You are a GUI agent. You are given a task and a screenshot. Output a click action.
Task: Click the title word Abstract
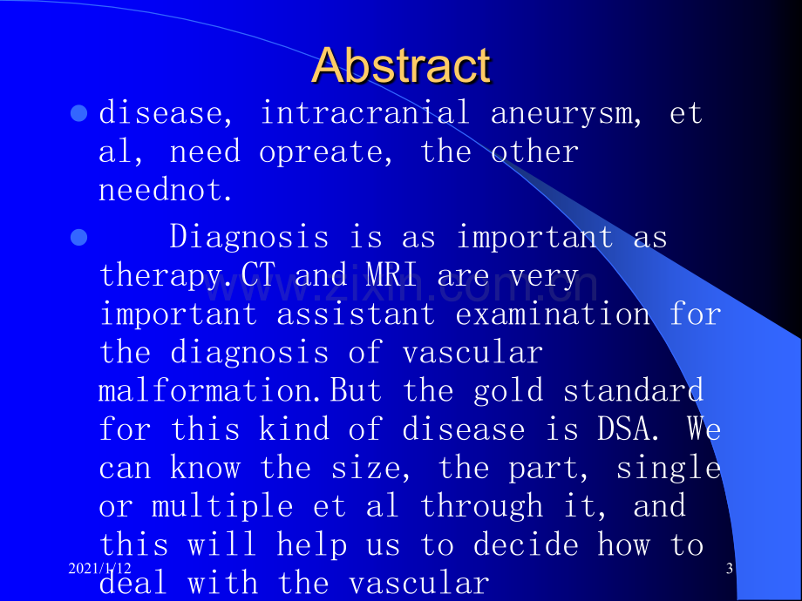pos(402,65)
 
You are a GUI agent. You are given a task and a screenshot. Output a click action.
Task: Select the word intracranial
pos(365,111)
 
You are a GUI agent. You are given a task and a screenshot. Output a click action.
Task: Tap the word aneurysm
pos(561,114)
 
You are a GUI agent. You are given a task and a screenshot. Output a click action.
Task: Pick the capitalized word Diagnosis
pos(249,238)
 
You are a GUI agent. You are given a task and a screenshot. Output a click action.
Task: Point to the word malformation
pos(205,390)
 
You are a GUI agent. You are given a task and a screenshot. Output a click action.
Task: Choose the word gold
pos(508,391)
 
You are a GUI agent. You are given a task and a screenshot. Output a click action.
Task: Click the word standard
pos(633,390)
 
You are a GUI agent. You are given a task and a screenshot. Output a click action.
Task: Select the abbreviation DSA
pos(623,429)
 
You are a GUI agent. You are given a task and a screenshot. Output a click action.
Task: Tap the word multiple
pos(222,506)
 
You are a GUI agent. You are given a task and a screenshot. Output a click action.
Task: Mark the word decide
pos(526,544)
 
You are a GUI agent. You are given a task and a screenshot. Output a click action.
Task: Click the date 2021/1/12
pos(99,568)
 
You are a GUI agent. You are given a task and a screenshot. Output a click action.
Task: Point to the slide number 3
pos(730,568)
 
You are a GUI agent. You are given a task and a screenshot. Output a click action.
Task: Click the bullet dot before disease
pos(78,113)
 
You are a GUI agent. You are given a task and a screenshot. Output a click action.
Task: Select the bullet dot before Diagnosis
pos(78,238)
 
